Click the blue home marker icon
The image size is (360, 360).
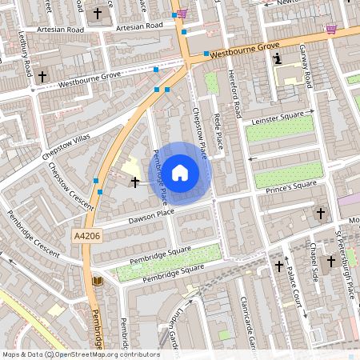180,172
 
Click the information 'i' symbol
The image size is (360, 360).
277,59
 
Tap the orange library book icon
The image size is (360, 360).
98,281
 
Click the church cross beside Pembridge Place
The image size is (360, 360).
134,182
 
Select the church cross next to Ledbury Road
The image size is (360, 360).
42,76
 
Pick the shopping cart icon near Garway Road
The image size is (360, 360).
330,30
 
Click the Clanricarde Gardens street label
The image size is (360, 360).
246,320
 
